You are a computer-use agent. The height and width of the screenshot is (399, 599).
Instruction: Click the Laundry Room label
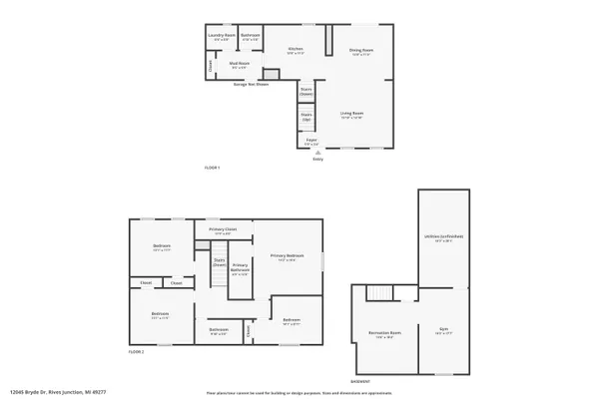222,36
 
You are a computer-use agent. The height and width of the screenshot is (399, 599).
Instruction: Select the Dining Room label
361,49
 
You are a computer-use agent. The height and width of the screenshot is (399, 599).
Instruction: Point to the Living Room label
352,114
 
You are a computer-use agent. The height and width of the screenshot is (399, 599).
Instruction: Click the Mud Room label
226,65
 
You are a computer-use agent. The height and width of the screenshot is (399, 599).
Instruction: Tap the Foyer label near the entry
311,140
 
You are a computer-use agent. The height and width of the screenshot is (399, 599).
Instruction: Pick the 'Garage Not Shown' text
251,85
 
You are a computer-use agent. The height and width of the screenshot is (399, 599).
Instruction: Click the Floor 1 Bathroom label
252,36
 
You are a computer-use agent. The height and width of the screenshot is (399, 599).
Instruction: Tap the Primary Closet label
223,230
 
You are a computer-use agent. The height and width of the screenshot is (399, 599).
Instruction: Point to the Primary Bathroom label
240,266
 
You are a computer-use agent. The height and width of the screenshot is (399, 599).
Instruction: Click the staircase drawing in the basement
377,292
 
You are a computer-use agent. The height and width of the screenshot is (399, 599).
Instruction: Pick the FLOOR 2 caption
136,351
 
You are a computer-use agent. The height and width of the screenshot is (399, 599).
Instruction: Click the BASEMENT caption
361,381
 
